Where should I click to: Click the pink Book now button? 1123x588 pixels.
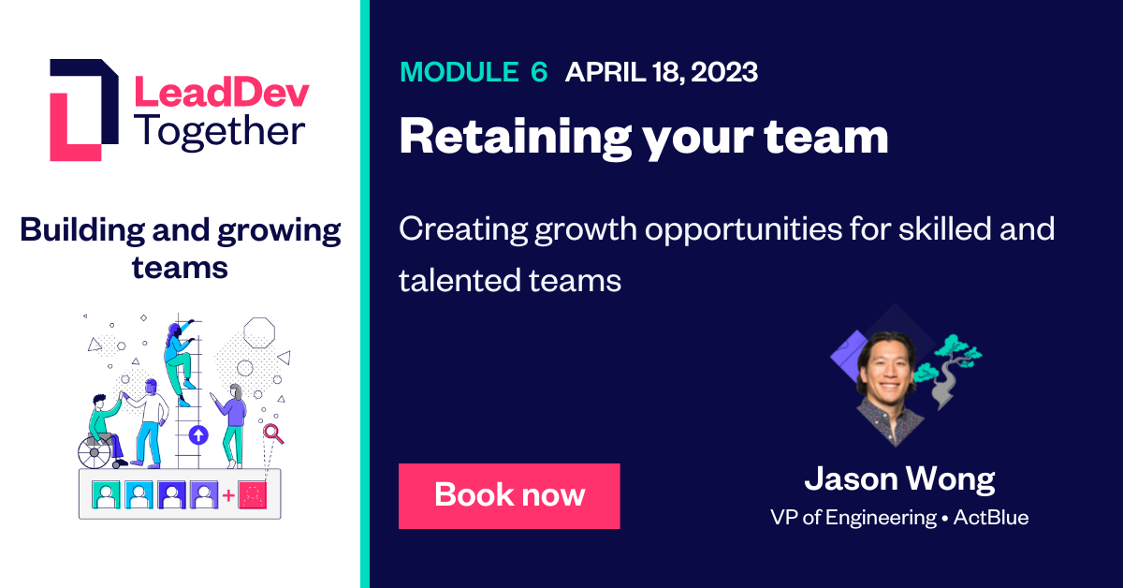[x=509, y=495]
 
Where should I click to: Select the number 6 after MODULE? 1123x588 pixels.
[x=538, y=72]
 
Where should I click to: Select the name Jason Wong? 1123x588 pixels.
[x=899, y=479]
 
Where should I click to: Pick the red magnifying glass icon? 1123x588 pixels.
[x=272, y=433]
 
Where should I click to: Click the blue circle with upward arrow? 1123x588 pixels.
[x=197, y=434]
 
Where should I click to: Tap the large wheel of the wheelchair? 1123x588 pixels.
[x=94, y=453]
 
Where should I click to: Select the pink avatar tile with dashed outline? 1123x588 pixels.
[x=254, y=493]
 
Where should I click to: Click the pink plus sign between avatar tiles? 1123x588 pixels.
[x=228, y=494]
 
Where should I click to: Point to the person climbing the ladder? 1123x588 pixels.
[x=178, y=360]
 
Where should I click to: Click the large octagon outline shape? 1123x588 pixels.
[x=258, y=332]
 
